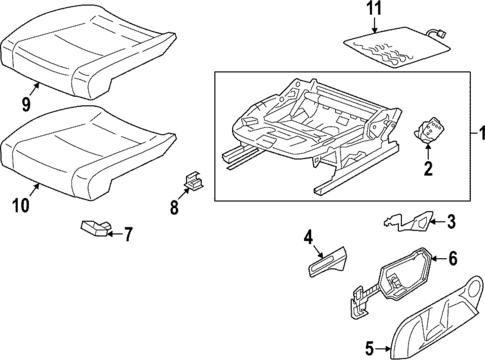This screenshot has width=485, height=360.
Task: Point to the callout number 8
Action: tap(174, 208)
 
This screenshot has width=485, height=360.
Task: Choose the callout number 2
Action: tap(428, 169)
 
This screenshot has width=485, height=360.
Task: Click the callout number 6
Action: tap(451, 258)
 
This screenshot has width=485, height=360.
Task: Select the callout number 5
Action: tap(370, 348)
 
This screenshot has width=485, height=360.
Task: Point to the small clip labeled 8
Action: tap(191, 182)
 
